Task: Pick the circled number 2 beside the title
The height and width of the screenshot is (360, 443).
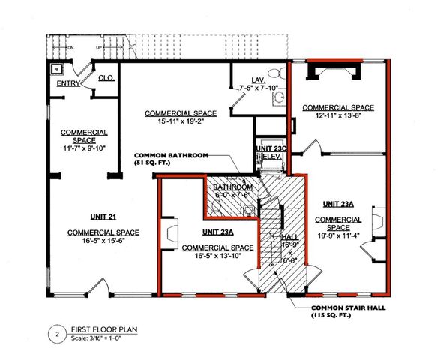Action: click(x=56, y=331)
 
